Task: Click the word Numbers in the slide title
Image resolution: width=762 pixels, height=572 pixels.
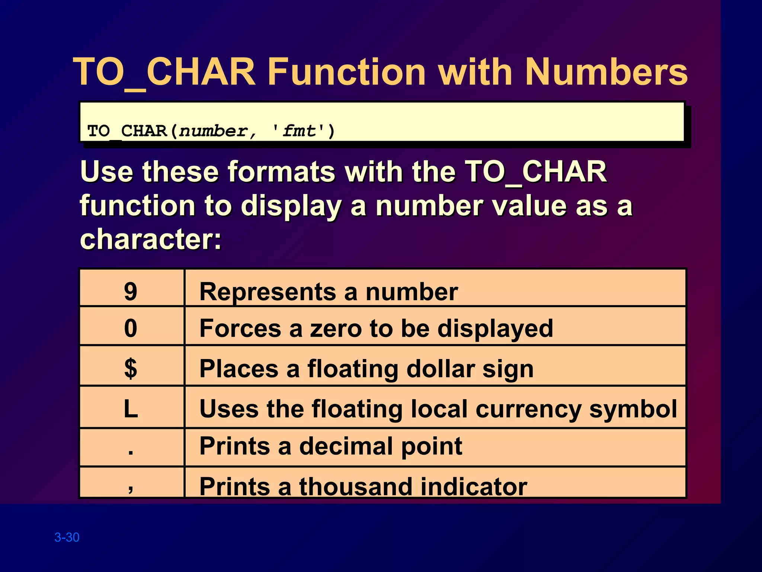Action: (x=606, y=71)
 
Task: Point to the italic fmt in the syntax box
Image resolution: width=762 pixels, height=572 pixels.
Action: (x=299, y=131)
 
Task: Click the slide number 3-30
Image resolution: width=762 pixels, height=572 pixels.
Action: (x=67, y=537)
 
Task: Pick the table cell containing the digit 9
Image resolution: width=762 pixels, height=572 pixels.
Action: (x=131, y=291)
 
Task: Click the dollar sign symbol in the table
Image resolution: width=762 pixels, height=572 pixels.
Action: (x=131, y=368)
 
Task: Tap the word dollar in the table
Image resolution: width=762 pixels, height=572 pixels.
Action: (x=440, y=369)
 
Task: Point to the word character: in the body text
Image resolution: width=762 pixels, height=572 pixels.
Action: (x=151, y=239)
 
